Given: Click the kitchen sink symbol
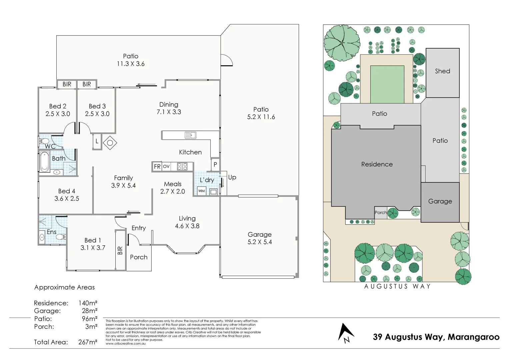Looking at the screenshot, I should click(191, 135).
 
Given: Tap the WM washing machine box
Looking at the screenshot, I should click(202, 191).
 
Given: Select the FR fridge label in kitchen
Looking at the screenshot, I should click(157, 166).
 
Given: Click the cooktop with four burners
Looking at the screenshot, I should click(182, 166).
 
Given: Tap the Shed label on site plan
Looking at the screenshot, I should click(442, 71).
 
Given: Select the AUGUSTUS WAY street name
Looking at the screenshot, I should click(397, 286).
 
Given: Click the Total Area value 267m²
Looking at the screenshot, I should click(88, 342).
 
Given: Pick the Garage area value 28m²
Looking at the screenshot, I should click(89, 311).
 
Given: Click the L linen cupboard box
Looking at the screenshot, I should click(97, 141).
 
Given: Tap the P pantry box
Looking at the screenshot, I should click(215, 164).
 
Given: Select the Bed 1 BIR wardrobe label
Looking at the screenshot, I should click(120, 250).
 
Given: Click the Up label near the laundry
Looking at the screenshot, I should click(232, 177).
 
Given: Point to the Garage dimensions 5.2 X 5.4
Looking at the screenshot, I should click(259, 242).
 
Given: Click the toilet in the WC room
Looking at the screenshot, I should click(44, 142).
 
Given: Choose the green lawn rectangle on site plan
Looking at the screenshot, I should click(387, 84).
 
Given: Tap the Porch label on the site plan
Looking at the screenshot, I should click(380, 212).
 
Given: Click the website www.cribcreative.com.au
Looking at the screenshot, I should click(126, 344).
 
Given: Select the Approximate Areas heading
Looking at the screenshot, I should click(64, 287).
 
